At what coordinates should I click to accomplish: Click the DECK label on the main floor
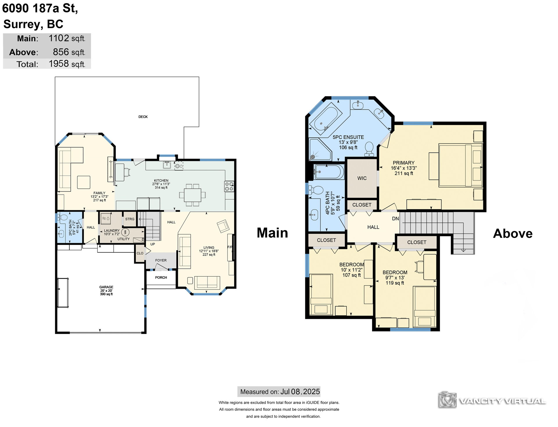143,117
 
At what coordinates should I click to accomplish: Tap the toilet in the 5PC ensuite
369,148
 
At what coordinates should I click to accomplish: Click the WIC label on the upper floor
362,178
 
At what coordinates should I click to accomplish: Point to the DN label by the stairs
396,218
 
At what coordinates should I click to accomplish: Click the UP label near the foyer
153,244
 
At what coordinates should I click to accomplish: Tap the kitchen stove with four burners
229,186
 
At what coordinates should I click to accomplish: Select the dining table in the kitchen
192,195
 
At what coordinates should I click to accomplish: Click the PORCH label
161,277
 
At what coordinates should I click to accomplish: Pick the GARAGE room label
106,287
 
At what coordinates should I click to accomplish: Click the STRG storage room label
130,219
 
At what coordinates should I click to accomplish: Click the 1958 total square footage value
59,64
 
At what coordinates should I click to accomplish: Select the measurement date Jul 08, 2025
300,392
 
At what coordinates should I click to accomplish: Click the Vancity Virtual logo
492,401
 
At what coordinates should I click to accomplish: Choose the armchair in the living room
223,226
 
